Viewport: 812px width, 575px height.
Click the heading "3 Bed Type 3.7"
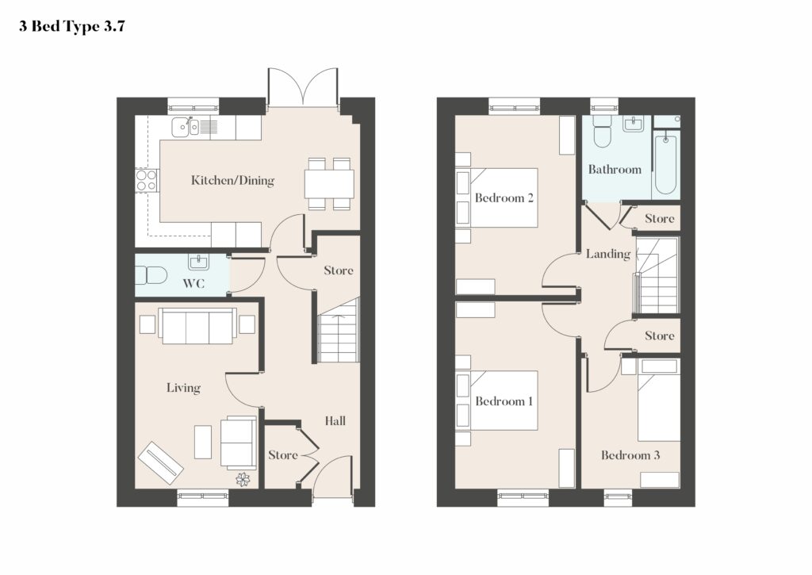coord(72,27)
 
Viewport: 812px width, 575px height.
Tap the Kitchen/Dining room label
coord(232,180)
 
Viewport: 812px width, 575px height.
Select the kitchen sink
coord(186,126)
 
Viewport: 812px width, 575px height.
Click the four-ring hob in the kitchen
coord(146,181)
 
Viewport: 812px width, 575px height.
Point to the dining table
coord(329,183)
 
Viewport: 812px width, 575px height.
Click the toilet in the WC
coord(151,275)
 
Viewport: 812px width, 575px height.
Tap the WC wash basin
coord(198,262)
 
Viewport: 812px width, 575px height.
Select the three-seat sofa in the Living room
coord(197,326)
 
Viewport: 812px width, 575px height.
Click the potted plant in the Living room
coord(243,480)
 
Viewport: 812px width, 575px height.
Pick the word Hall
coord(335,420)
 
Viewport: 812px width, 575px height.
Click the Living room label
coord(183,388)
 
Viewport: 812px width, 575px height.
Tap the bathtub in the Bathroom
coord(665,163)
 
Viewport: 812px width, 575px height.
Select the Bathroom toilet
coord(603,132)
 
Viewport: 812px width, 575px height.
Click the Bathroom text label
coord(615,170)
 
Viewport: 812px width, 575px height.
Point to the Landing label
coord(608,254)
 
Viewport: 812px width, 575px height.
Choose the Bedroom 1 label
coord(504,401)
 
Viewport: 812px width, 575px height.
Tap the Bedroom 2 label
coord(504,198)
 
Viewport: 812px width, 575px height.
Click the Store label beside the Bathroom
coord(660,219)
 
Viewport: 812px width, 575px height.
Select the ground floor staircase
coord(338,331)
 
